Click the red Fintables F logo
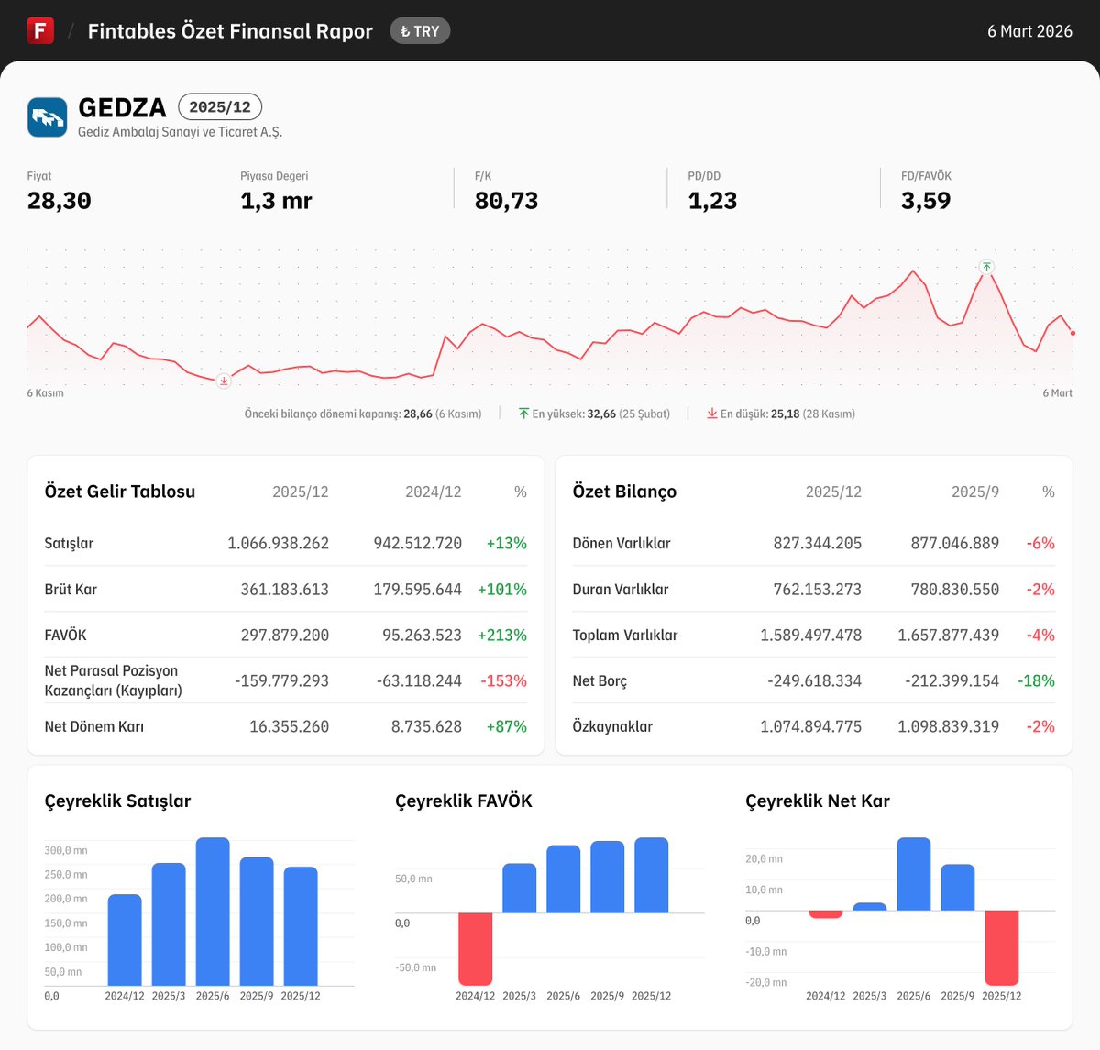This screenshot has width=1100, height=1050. [x=40, y=30]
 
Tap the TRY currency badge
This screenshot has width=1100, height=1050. [x=420, y=31]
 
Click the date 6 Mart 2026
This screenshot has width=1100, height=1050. [x=1029, y=31]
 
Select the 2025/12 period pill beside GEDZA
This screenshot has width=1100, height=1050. [x=220, y=106]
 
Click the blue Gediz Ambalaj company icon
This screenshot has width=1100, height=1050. [x=47, y=117]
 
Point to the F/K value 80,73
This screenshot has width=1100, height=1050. [x=506, y=201]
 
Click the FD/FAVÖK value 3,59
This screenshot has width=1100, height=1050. [x=925, y=201]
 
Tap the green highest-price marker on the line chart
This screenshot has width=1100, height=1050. [x=986, y=267]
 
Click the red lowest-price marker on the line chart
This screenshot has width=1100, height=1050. [x=224, y=381]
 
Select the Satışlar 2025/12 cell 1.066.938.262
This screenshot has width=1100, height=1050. [x=278, y=543]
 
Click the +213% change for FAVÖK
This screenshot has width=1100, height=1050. [x=502, y=635]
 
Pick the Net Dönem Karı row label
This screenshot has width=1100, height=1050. [x=93, y=726]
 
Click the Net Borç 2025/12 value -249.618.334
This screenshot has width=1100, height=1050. [x=814, y=680]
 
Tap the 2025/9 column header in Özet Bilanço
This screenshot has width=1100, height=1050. [x=974, y=492]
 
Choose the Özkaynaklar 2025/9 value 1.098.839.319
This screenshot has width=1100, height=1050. [x=948, y=726]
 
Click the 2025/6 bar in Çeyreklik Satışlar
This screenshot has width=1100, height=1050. [x=213, y=912]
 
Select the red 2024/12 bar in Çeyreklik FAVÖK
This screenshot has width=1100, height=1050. [x=475, y=948]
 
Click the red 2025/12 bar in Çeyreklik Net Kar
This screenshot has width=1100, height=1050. [x=1001, y=947]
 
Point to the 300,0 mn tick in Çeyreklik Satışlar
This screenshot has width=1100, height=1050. [x=66, y=850]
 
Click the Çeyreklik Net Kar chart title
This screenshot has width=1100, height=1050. [x=818, y=801]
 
